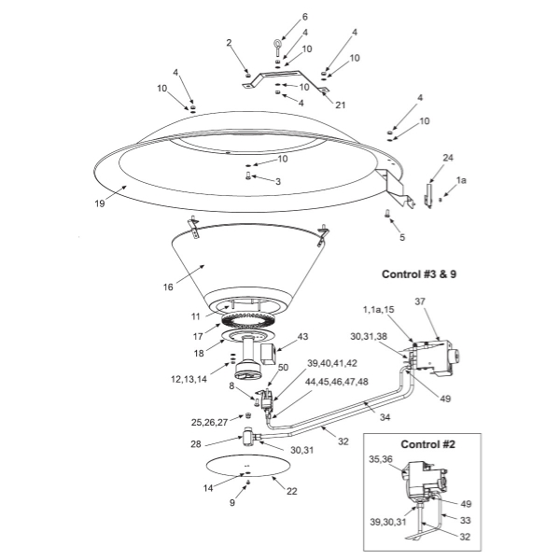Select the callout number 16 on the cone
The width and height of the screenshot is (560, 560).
point(168,287)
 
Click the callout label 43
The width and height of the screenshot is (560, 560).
point(302,336)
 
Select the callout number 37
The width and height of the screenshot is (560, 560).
point(420,301)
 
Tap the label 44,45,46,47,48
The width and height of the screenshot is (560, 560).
point(336,382)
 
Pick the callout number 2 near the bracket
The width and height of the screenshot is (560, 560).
point(229,43)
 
